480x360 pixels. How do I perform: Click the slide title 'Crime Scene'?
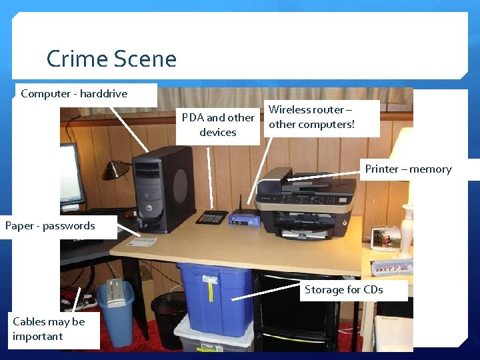pyautogui.click(x=111, y=59)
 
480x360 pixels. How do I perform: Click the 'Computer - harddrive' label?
pyautogui.click(x=74, y=94)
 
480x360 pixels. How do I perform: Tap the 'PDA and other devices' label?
pyautogui.click(x=218, y=125)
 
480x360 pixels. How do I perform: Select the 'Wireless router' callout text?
pyautogui.click(x=311, y=117)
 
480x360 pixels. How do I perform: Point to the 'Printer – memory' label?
pyautogui.click(x=408, y=169)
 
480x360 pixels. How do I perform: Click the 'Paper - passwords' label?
pyautogui.click(x=50, y=226)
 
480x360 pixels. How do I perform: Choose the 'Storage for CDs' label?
pyautogui.click(x=343, y=289)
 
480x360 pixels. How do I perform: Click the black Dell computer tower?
pyautogui.click(x=164, y=189)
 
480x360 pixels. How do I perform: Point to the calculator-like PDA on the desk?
pyautogui.click(x=212, y=217)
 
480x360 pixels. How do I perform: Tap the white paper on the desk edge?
pyautogui.click(x=142, y=241)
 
